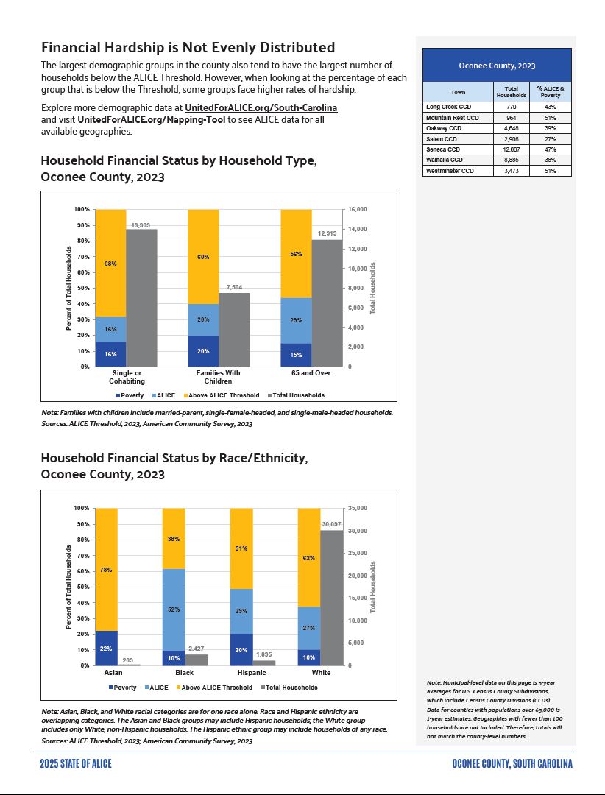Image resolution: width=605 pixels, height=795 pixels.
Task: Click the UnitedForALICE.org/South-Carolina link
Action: point(261,108)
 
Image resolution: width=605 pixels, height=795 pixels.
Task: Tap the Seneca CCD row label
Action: point(443,149)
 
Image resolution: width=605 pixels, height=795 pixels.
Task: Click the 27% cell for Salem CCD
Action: point(551,138)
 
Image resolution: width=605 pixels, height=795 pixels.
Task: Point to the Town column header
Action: point(458,93)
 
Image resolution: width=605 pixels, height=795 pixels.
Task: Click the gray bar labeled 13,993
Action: point(141,297)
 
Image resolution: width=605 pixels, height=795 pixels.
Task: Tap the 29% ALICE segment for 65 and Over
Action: point(296,320)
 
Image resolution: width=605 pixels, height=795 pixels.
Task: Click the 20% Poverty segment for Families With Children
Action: point(203,351)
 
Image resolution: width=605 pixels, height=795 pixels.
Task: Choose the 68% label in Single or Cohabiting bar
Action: point(110,264)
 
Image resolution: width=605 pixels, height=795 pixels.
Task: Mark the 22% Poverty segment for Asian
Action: point(106,649)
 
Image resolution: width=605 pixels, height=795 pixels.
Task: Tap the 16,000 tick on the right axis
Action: point(358,210)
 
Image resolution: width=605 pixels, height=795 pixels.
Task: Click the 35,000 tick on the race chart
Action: point(358,509)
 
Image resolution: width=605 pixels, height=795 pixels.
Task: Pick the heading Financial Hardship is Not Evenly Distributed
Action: point(188,48)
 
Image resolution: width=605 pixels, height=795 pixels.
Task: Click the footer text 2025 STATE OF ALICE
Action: point(76,763)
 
